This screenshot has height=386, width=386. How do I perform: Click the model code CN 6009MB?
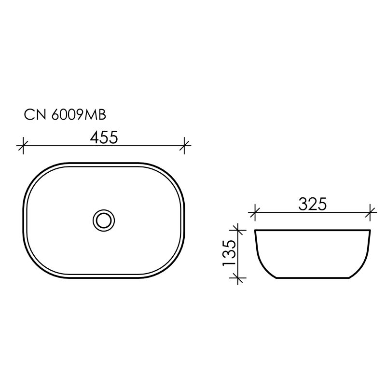pos(65,115)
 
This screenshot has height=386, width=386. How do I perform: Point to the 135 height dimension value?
pos(229,253)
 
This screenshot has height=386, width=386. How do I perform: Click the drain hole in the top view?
pos(104,220)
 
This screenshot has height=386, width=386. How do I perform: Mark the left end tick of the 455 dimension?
pos(21,145)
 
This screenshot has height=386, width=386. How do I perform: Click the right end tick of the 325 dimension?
pos(371,211)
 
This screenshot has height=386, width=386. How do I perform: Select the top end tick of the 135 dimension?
pos(236,229)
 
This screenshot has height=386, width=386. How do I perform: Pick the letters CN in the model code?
pos(32,115)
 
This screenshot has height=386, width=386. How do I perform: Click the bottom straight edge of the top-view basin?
pos(104,277)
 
